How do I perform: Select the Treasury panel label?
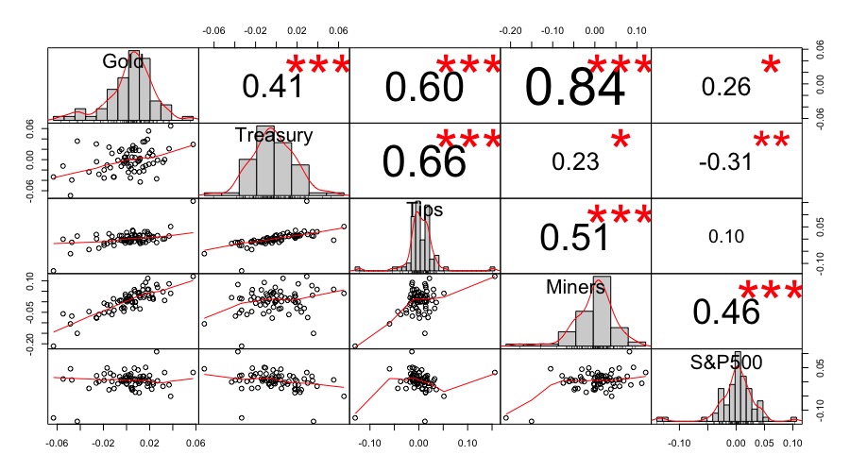point(274,135)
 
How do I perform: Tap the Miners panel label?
point(575,287)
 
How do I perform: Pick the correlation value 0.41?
point(273,87)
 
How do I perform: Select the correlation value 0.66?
point(424,161)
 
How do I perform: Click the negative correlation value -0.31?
point(725,161)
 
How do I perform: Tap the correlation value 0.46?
point(725,311)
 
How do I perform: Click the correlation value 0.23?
point(574,161)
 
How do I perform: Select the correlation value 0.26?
point(725,87)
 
